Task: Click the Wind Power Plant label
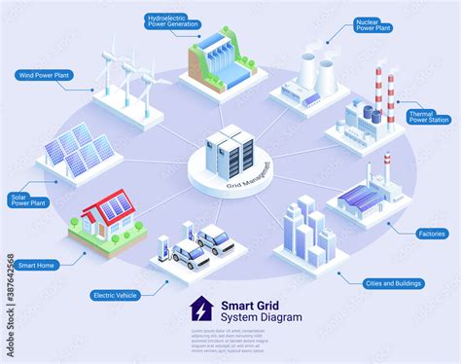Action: point(44,73)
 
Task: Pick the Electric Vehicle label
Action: point(113,295)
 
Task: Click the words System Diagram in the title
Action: point(263,317)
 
